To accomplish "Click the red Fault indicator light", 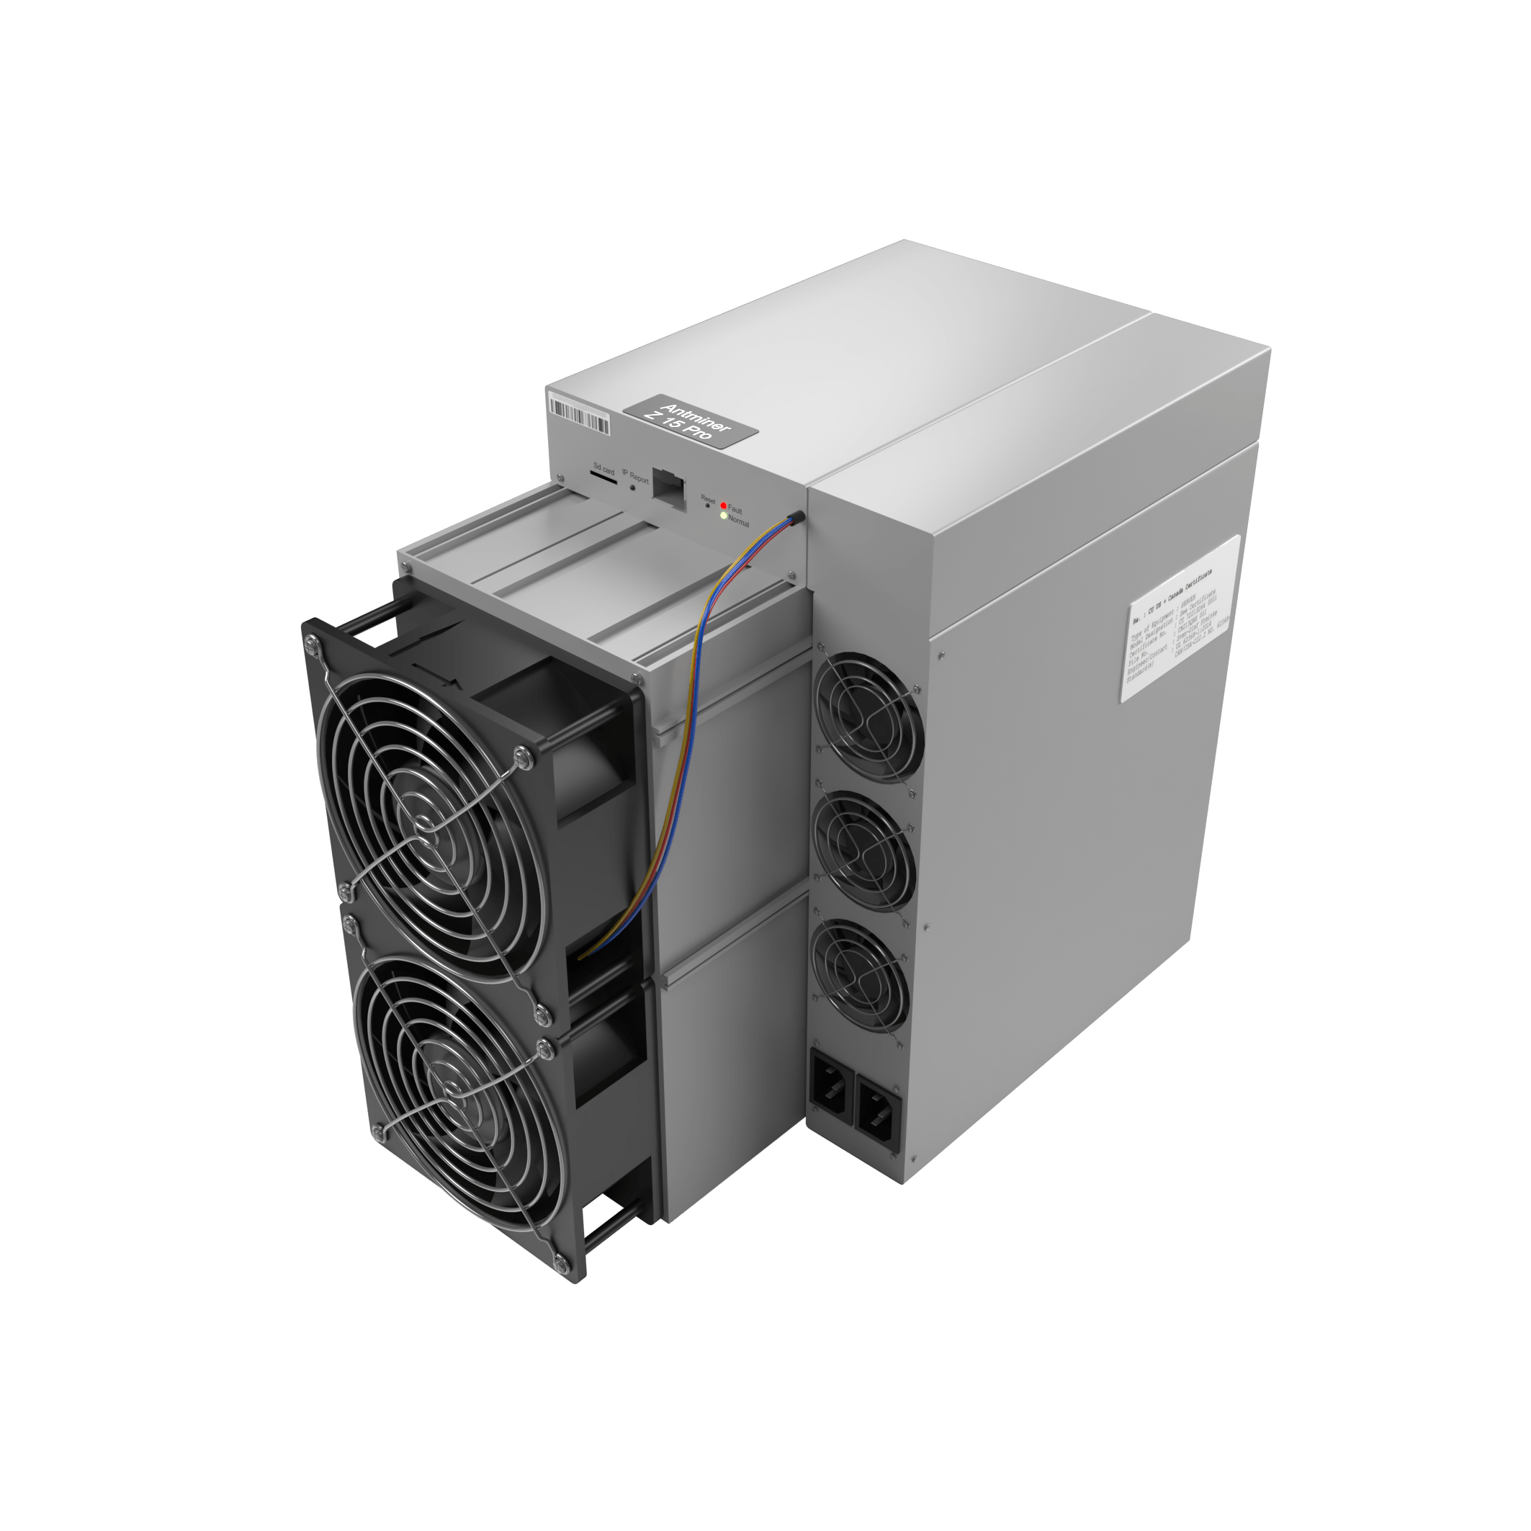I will pyautogui.click(x=724, y=506).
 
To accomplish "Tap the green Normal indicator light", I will pyautogui.click(x=724, y=516).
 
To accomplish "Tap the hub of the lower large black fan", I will pyautogui.click(x=457, y=1095).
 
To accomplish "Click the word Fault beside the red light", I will pyautogui.click(x=735, y=511).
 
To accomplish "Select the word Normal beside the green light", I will pyautogui.click(x=739, y=522).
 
